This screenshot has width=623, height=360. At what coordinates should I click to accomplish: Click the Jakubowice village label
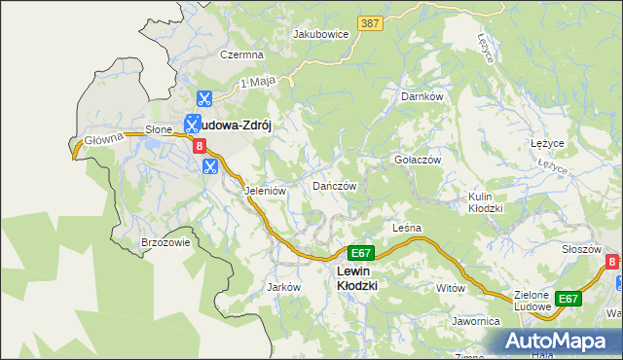(320, 33)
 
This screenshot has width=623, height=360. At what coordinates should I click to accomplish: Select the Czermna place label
(241, 55)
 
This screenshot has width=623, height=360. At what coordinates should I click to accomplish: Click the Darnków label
(422, 97)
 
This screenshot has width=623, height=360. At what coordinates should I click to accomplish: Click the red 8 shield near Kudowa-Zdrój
(200, 146)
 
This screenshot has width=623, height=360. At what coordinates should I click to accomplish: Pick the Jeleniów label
(265, 192)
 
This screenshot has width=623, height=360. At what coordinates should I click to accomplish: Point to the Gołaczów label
(417, 160)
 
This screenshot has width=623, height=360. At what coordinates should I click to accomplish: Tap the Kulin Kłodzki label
(484, 202)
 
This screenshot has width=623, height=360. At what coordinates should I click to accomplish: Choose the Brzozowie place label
(165, 242)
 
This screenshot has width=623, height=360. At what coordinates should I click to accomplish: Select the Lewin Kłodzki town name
(356, 278)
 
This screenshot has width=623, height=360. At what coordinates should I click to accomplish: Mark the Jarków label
(282, 287)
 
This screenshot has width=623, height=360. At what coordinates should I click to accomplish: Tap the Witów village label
(451, 288)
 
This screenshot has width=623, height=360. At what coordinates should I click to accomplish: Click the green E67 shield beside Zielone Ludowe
(568, 299)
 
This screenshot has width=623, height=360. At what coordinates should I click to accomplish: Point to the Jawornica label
(475, 320)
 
